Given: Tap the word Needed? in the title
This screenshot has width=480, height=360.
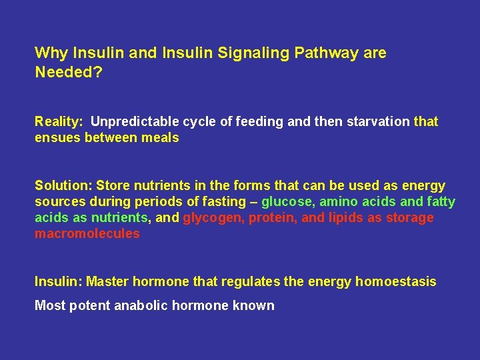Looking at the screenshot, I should tap(68, 71).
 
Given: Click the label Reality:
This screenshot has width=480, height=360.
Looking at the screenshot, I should tap(59, 122).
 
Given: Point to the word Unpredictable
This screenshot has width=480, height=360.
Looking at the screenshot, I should tap(131, 122).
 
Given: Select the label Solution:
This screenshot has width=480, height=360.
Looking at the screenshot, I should tap(63, 186).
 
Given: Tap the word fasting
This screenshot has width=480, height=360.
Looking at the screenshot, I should tap(227, 202).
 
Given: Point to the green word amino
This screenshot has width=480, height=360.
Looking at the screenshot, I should tap(338, 202).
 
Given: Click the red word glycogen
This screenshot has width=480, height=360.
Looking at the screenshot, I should tap(213, 218).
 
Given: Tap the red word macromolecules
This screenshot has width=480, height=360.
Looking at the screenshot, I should tap(87, 234).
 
